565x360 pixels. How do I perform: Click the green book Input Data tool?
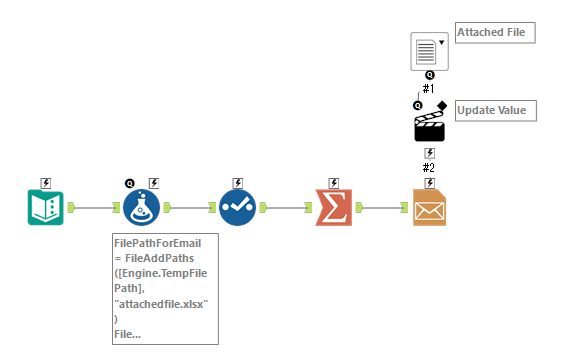pyautogui.click(x=45, y=208)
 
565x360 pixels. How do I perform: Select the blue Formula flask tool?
pyautogui.click(x=141, y=208)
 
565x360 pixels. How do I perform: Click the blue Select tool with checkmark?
pyautogui.click(x=237, y=208)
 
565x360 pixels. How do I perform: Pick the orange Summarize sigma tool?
pyautogui.click(x=333, y=208)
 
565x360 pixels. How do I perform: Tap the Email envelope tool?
pyautogui.click(x=429, y=208)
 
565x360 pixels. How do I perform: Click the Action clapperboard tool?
pyautogui.click(x=429, y=125)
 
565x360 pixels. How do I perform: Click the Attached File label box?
pyautogui.click(x=494, y=33)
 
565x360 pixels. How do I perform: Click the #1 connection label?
pyautogui.click(x=429, y=88)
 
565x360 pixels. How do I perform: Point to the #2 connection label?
pyautogui.click(x=429, y=167)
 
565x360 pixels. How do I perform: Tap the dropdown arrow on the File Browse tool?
pyautogui.click(x=441, y=44)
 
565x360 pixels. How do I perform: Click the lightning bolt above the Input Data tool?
pyautogui.click(x=45, y=183)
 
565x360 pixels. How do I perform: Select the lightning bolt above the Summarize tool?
pyautogui.click(x=333, y=183)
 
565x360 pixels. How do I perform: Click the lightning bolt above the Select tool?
pyautogui.click(x=237, y=183)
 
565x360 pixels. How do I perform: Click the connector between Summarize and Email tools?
pyautogui.click(x=381, y=208)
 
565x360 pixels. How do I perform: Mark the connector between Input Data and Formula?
pyautogui.click(x=93, y=208)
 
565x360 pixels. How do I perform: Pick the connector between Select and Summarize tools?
pyautogui.click(x=285, y=208)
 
